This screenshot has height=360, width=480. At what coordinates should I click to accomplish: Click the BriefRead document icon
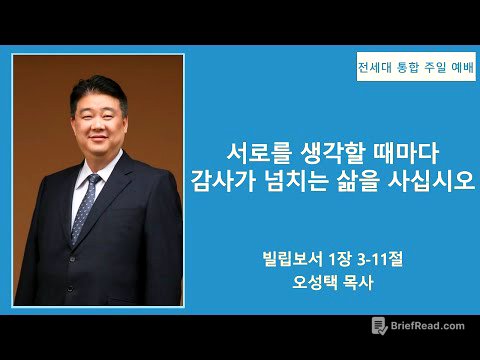click(x=379, y=326)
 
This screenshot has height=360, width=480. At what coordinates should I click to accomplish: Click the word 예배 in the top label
click(x=450, y=69)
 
